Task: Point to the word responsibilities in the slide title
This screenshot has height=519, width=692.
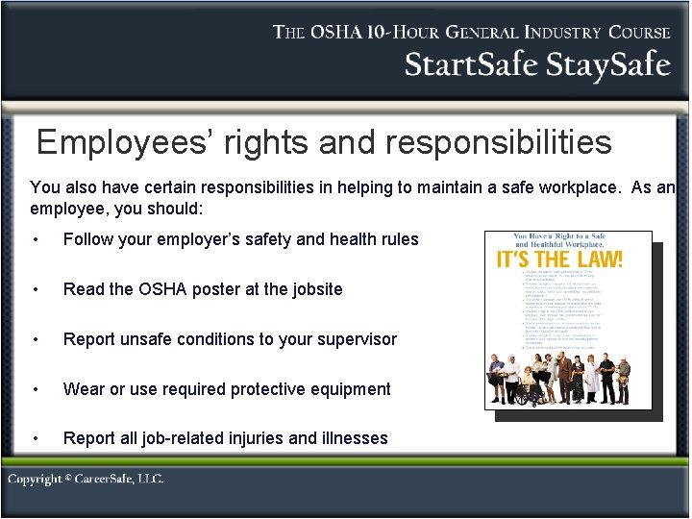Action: [x=498, y=143]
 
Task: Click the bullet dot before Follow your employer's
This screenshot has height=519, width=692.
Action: [x=36, y=239]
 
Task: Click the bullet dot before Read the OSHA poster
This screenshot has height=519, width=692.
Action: [x=36, y=289]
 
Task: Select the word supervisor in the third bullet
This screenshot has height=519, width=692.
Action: [x=355, y=339]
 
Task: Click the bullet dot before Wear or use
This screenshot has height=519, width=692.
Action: [x=36, y=389]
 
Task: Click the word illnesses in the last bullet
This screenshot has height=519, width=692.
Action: [x=353, y=438]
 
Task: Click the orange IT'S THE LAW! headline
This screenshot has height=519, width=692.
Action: [x=559, y=259]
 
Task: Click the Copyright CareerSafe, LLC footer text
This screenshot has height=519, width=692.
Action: [x=86, y=479]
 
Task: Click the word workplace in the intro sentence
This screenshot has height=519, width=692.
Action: [x=574, y=186]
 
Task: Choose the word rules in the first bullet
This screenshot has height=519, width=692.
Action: [x=398, y=239]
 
